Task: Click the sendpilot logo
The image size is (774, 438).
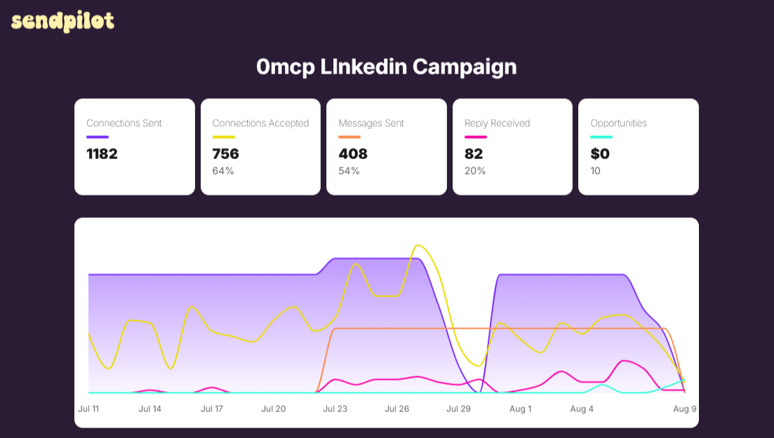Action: pyautogui.click(x=62, y=21)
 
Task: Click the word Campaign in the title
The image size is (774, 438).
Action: pyautogui.click(x=465, y=67)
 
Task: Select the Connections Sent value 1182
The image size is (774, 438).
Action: pyautogui.click(x=102, y=154)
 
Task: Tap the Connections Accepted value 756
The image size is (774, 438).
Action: pyautogui.click(x=225, y=154)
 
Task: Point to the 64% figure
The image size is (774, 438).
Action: pyautogui.click(x=223, y=171)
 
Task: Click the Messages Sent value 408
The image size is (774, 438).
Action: pyautogui.click(x=353, y=154)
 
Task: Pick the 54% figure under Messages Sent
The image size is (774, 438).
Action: pyautogui.click(x=349, y=171)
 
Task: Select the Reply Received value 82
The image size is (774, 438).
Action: pyautogui.click(x=474, y=154)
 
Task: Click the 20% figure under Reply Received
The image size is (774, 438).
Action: pyautogui.click(x=475, y=171)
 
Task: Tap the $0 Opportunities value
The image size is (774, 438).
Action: pyautogui.click(x=600, y=154)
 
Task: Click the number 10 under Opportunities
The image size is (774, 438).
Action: pyautogui.click(x=595, y=171)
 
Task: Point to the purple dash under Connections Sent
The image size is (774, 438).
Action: pyautogui.click(x=98, y=137)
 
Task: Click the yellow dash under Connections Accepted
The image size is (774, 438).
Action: pyautogui.click(x=224, y=137)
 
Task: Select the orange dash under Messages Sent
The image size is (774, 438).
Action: pyautogui.click(x=349, y=137)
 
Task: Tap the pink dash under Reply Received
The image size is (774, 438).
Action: pyautogui.click(x=475, y=137)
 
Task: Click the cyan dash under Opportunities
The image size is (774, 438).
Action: pyautogui.click(x=601, y=137)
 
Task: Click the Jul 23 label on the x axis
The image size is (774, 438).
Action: pyautogui.click(x=335, y=409)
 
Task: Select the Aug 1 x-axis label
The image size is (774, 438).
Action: pyautogui.click(x=520, y=409)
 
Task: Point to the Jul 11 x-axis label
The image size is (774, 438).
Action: pyautogui.click(x=89, y=409)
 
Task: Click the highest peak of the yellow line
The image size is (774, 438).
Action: pyautogui.click(x=418, y=245)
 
